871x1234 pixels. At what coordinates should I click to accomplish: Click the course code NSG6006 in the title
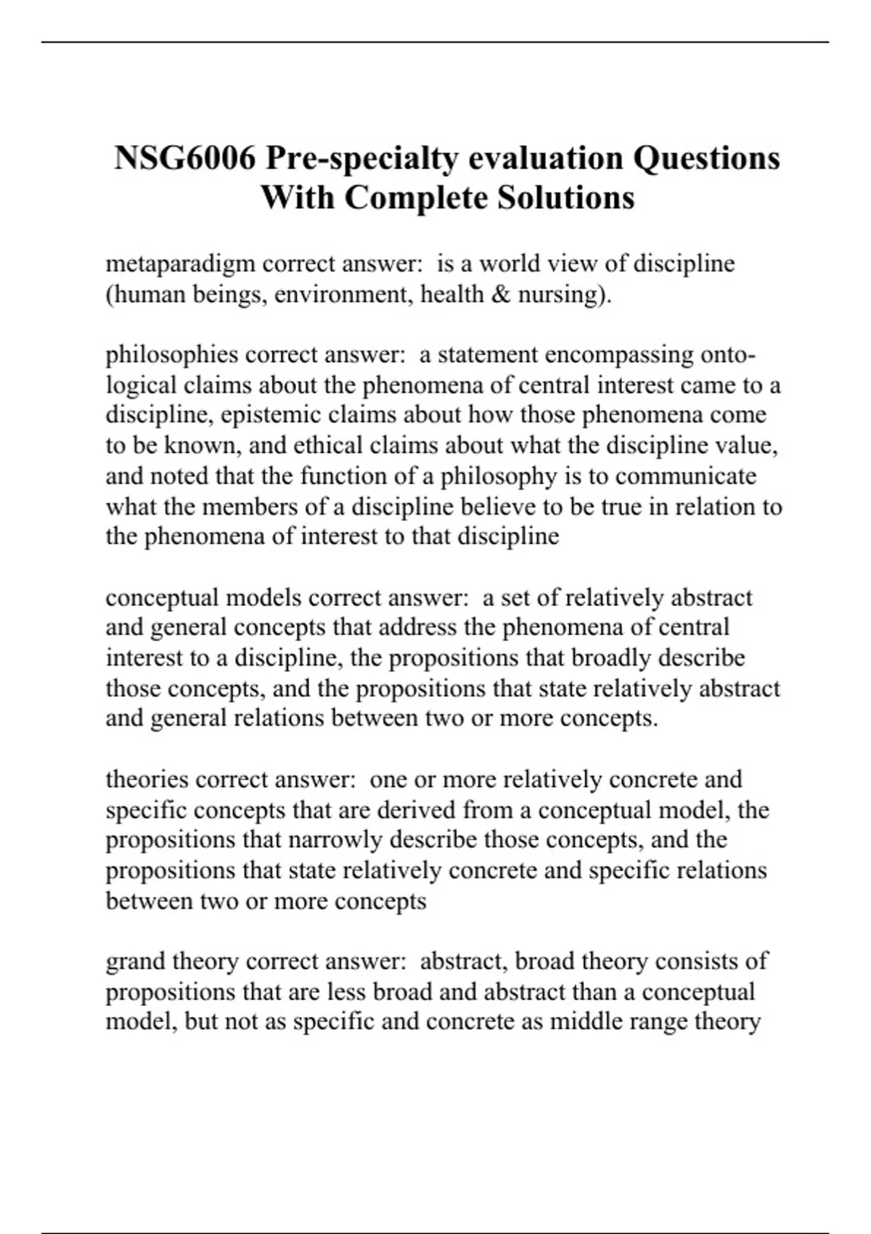185,158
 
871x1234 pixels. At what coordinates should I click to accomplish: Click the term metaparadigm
180,264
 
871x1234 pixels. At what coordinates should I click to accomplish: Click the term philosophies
171,355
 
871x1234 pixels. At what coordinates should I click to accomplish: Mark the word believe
497,506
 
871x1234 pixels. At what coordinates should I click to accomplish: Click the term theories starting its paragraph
147,780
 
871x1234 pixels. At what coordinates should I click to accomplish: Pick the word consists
696,961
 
